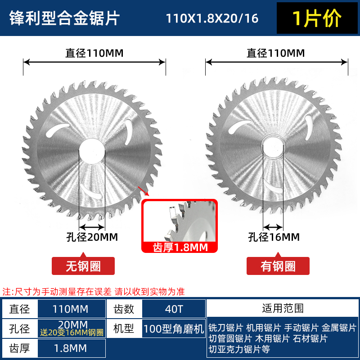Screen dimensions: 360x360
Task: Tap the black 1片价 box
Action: [317, 18]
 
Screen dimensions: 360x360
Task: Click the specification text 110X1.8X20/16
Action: [212, 18]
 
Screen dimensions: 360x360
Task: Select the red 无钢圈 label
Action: [83, 266]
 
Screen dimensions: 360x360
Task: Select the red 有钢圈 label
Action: [278, 266]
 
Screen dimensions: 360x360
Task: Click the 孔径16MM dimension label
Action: [274, 237]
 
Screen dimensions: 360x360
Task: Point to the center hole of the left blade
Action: [92, 148]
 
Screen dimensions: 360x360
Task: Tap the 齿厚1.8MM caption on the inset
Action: [179, 247]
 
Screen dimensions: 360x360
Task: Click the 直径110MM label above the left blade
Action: [94, 53]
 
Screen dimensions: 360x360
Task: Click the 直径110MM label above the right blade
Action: [275, 53]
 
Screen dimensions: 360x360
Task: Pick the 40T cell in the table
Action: [173, 309]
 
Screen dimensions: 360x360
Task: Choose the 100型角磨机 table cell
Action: [173, 328]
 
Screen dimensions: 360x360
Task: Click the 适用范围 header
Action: [283, 308]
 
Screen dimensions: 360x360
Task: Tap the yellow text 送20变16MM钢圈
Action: [72, 333]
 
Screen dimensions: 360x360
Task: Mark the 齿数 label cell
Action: [124, 309]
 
